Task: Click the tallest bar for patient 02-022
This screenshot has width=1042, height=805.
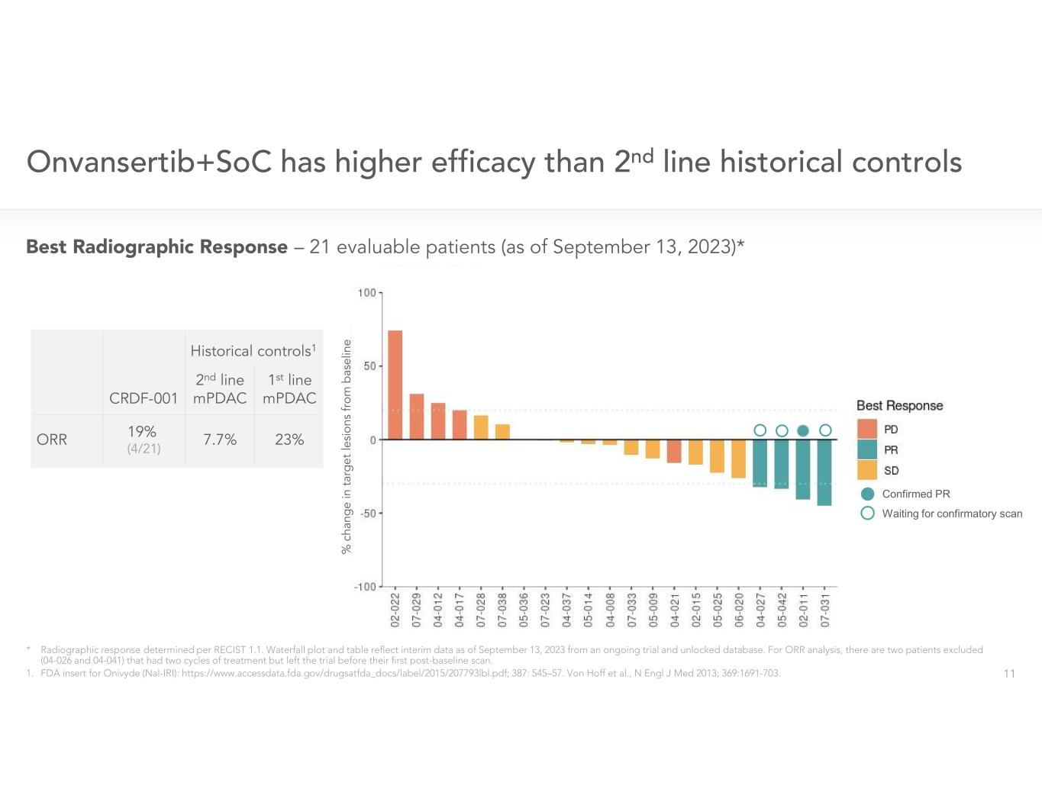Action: pos(395,385)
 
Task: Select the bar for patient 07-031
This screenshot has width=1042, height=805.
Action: pos(824,472)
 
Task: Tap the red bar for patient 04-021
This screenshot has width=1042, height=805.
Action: pos(674,451)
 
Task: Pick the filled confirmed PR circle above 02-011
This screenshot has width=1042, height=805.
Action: pos(803,430)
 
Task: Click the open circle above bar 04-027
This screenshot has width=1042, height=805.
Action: pos(760,430)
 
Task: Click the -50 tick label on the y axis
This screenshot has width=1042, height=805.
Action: pos(366,514)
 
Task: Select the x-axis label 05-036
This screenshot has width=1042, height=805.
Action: pos(524,609)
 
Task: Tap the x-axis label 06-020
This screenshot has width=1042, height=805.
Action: pos(739,609)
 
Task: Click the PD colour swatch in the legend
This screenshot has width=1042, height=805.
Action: pos(867,429)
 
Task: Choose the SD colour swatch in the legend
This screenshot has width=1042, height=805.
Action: pos(867,470)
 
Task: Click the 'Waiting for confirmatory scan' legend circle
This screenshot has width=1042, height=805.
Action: pos(867,514)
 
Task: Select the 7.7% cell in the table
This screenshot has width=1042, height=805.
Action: pos(220,440)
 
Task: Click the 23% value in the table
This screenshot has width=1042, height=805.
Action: pos(289,440)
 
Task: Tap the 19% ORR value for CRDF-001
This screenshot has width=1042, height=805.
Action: pos(143,432)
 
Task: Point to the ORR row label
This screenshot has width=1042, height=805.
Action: pos(52,440)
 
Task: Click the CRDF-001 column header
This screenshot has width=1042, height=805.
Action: pos(144,398)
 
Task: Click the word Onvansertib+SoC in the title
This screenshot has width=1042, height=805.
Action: pos(149,162)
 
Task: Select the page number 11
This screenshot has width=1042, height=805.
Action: pos(1009,674)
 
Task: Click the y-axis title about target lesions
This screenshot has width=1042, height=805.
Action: pos(347,446)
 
